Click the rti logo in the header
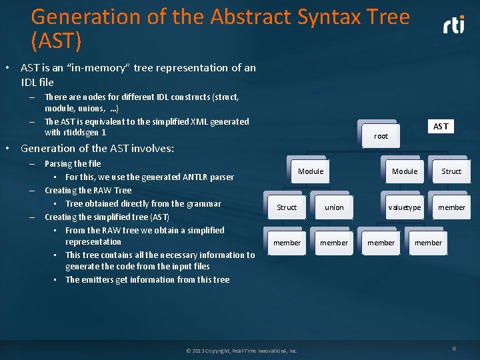tap(454, 25)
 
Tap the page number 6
tap(454, 349)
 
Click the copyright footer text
tap(242, 351)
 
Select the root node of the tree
tap(381, 135)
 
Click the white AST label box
tap(441, 127)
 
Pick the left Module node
tap(311, 171)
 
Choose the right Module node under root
tap(405, 171)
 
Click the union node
tap(334, 207)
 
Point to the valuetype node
tap(405, 207)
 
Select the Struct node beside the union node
tap(287, 207)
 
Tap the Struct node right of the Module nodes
tap(451, 171)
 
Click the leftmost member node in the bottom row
tap(287, 243)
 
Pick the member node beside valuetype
tap(451, 207)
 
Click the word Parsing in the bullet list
tap(59, 164)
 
